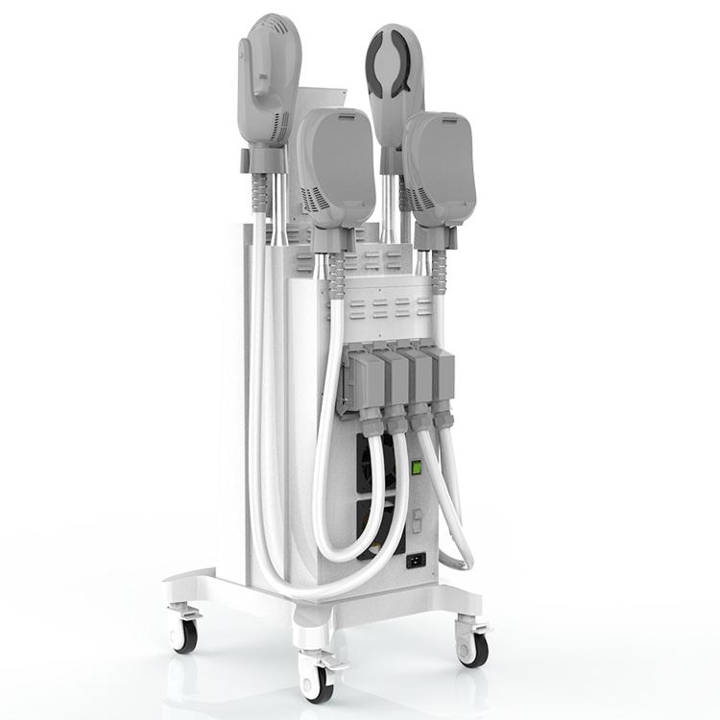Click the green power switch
click(x=417, y=468)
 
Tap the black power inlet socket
click(x=417, y=559)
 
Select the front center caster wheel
click(x=318, y=683)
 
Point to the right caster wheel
click(x=472, y=648)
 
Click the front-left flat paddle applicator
click(x=336, y=168)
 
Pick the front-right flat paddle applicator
click(x=440, y=168)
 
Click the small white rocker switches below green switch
click(x=416, y=519)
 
